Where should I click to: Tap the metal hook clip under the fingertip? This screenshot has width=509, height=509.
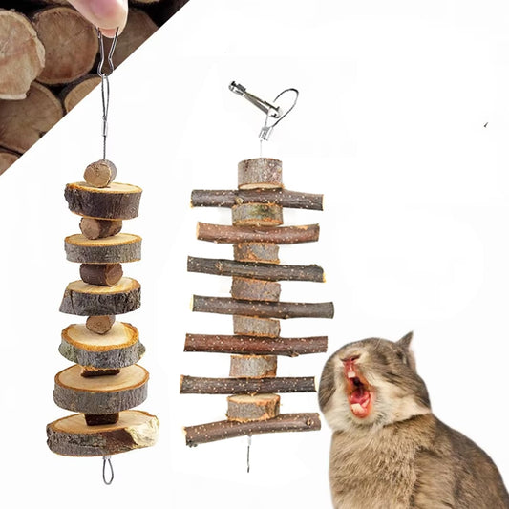[105, 57]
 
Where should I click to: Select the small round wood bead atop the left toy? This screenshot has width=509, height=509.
[99, 173]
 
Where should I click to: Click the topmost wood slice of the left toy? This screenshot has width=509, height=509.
[103, 201]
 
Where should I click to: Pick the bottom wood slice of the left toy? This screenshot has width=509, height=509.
[102, 434]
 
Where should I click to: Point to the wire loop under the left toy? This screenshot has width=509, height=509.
[107, 470]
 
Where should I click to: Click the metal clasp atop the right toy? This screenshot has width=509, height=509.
[254, 99]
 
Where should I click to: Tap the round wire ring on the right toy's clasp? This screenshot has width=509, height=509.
[285, 103]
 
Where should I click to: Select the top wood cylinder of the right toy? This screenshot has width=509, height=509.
[260, 173]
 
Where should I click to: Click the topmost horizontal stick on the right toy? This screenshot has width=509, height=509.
[256, 200]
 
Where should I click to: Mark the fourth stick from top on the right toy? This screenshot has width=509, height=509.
[263, 308]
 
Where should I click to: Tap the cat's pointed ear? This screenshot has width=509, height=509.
[406, 345]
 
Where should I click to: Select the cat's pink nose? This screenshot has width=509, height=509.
[350, 364]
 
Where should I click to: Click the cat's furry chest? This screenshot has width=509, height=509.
[382, 468]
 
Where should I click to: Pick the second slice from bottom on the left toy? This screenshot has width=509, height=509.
[101, 389]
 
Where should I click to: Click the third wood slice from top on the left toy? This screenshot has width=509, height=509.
[100, 297]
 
